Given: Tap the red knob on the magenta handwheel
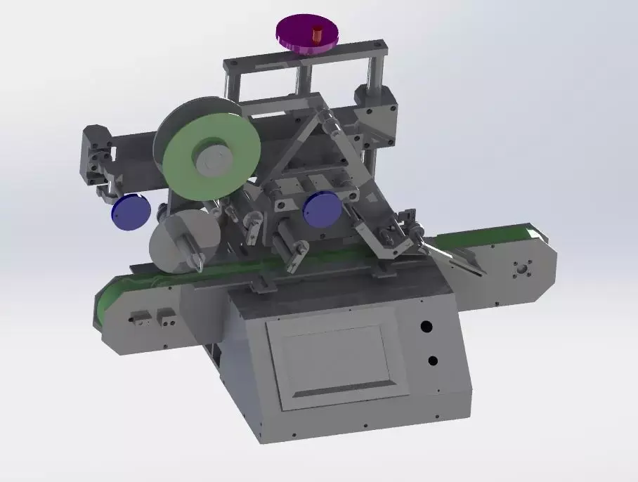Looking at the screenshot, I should click(315, 33).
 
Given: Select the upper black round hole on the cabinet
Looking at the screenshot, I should click(426, 326).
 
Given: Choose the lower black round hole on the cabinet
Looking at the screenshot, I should click(433, 360).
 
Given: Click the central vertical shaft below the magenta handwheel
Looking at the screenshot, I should click(303, 81).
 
